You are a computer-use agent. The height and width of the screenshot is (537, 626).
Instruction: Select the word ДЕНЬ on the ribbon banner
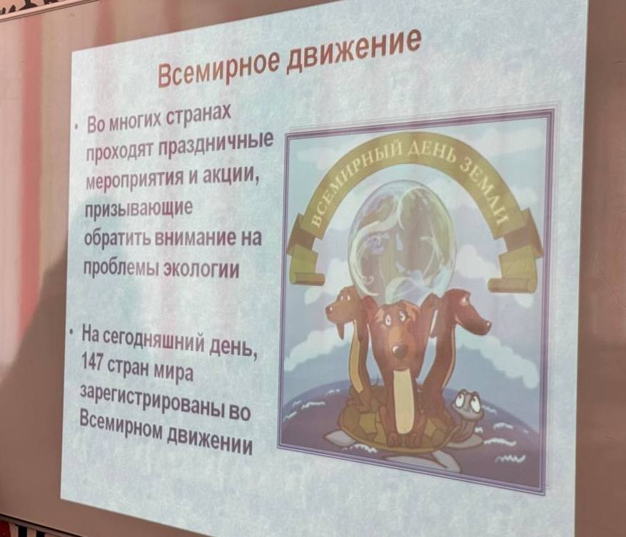pyautogui.click(x=430, y=156)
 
